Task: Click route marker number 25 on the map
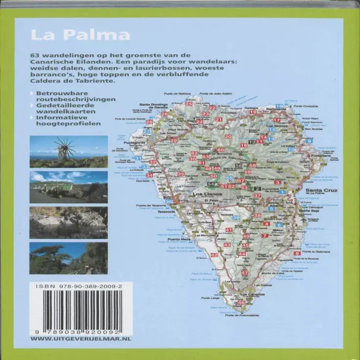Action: (189, 104)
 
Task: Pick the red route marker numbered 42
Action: (214, 255)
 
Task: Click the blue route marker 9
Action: (309, 141)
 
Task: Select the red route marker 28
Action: (149, 122)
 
